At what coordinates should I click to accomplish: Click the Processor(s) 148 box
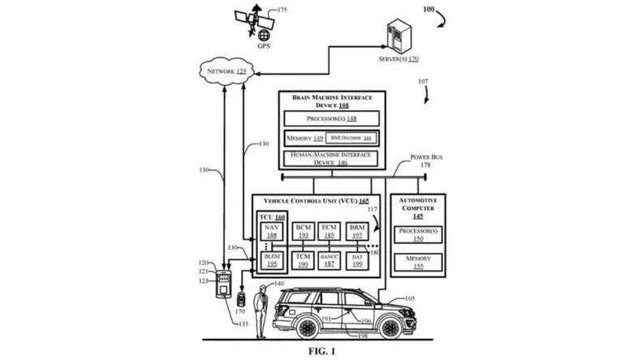330,118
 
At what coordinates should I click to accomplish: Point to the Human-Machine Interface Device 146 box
330,158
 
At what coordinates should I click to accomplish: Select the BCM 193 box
303,231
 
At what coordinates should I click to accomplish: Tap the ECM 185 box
329,231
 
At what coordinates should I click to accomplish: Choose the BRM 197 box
356,231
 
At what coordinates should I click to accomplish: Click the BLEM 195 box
272,260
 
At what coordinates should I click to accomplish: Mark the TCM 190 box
303,260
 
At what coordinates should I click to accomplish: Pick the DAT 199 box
356,260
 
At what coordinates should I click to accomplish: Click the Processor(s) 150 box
418,235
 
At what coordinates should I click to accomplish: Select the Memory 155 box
418,262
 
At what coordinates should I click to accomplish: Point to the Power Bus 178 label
423,160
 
